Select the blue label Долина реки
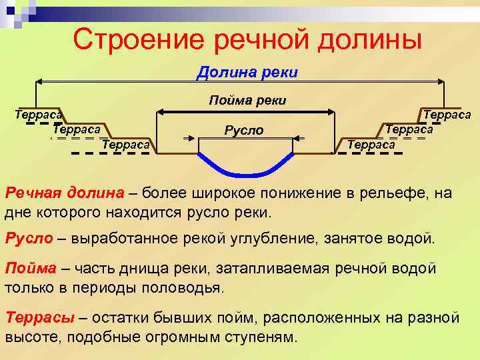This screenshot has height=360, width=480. click(x=247, y=72)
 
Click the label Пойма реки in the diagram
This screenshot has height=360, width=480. click(x=247, y=101)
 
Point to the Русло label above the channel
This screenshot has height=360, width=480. click(x=243, y=130)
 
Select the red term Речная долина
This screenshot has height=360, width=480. click(x=65, y=193)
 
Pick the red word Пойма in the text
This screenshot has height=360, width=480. click(x=31, y=269)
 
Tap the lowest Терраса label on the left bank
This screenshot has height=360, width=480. click(x=126, y=144)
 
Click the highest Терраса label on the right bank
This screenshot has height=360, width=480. click(x=447, y=115)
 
